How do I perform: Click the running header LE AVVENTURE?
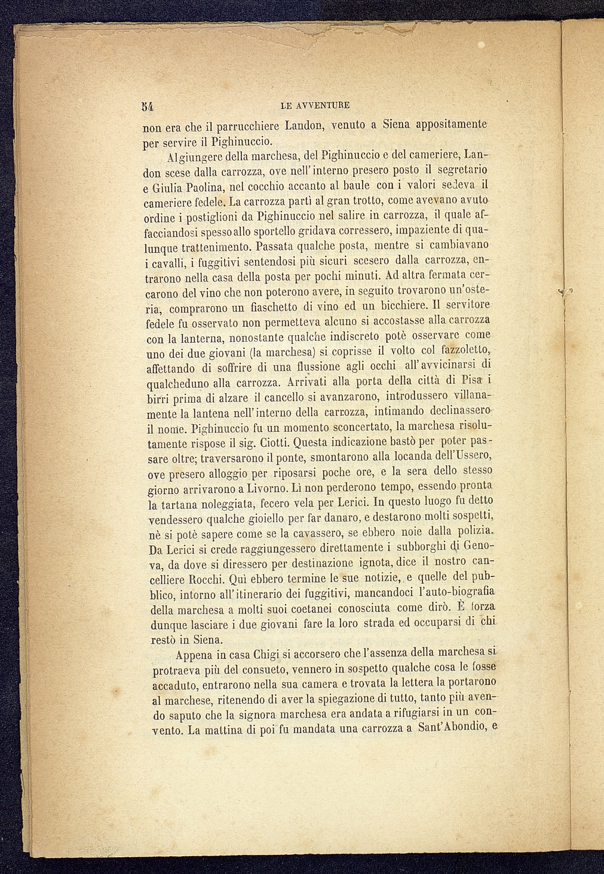[x=314, y=106]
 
